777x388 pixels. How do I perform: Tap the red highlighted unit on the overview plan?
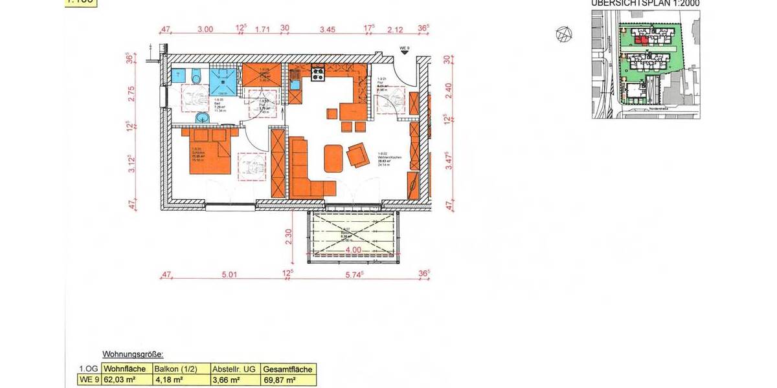click(x=640, y=39)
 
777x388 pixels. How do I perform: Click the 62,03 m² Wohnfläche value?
click(x=124, y=380)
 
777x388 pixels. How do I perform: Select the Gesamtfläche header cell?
click(x=289, y=369)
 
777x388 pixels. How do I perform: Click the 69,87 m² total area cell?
click(x=283, y=380)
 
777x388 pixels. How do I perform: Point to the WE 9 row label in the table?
click(x=89, y=380)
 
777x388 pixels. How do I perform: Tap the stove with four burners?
click(x=318, y=74)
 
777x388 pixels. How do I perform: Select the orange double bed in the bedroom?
click(x=210, y=153)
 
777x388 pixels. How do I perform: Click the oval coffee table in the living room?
click(x=333, y=156)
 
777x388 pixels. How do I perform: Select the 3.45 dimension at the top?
click(x=328, y=29)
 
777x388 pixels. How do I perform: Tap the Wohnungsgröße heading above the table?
click(x=133, y=354)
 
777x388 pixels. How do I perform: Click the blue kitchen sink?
click(x=295, y=83)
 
